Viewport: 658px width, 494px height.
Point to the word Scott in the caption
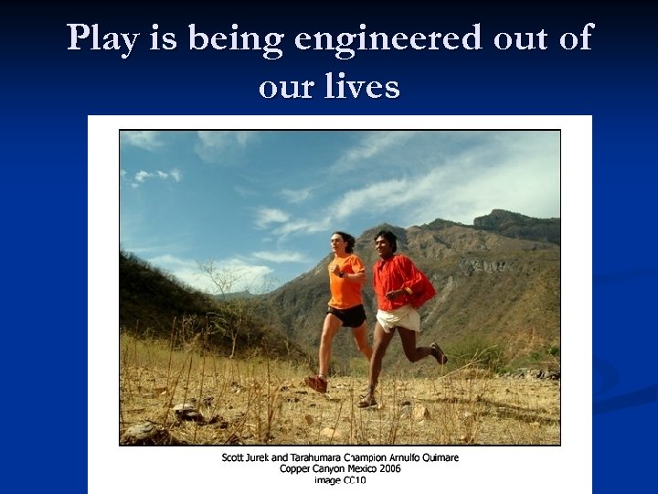pos(234,457)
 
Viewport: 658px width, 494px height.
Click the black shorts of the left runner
pos(348,316)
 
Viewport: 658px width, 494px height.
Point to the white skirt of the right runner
pos(399,318)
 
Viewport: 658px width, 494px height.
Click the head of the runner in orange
pos(344,243)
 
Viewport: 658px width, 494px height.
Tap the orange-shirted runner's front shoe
pos(316,383)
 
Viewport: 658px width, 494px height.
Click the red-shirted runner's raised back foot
pos(439,353)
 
